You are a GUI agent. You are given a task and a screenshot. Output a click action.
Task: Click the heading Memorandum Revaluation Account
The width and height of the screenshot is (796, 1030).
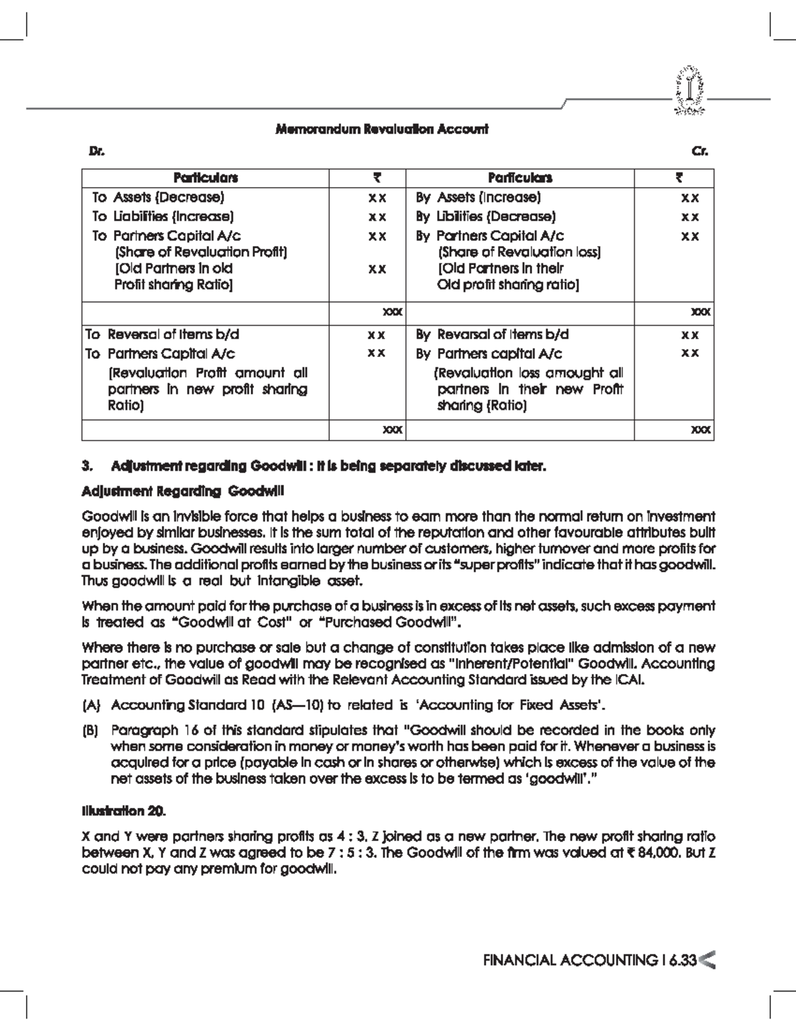pos(381,129)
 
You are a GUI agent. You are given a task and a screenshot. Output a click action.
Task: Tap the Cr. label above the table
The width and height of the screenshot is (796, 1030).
pos(700,151)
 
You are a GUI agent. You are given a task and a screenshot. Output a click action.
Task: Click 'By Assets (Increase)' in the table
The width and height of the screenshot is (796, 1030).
pos(478,197)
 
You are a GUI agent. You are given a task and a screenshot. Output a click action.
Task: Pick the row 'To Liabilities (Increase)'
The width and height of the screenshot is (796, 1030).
pos(163,216)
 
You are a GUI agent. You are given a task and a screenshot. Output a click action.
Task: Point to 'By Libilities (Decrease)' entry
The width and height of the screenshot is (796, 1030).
pos(486,216)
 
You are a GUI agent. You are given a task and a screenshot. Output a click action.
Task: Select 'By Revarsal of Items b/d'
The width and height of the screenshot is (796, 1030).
pos(492,334)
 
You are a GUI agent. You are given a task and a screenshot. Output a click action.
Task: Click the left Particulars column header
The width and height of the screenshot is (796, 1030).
pos(206,178)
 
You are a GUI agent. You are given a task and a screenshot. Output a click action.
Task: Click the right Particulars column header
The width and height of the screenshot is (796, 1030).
pos(520,178)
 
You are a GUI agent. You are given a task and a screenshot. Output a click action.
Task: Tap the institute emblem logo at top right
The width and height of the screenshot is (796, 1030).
pos(691,90)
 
